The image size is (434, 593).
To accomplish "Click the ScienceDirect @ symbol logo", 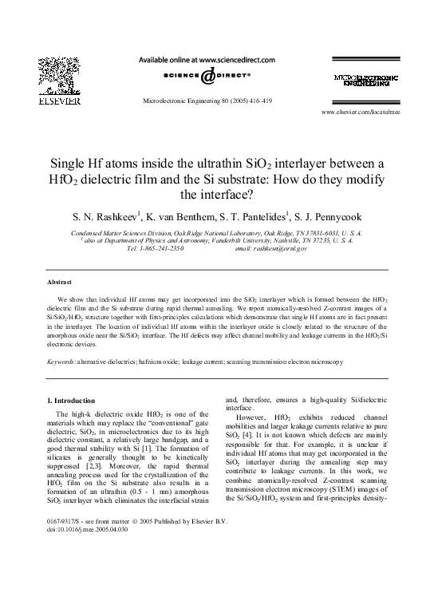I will click(207, 77).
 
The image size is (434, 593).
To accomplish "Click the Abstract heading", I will click(60, 283).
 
